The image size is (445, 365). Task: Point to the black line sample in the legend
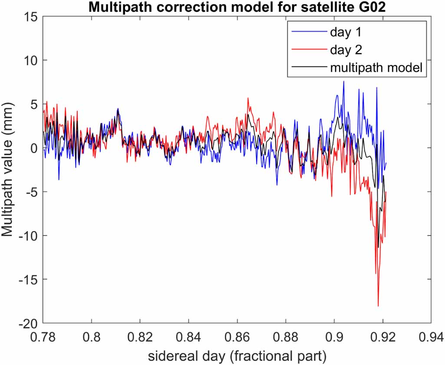click(x=306, y=68)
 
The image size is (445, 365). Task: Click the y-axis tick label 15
click(x=30, y=17)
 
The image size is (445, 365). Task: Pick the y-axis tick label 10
click(x=30, y=60)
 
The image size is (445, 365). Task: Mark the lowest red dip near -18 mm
click(x=378, y=306)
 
